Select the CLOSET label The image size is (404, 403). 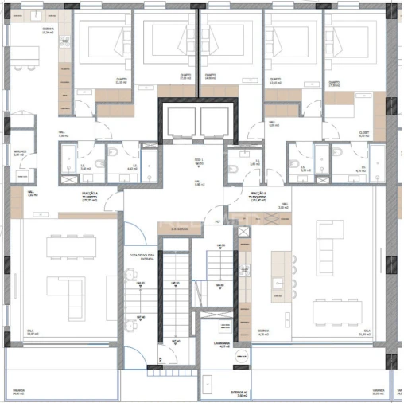click(364, 135)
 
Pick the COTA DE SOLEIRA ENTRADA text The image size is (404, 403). click(142, 256)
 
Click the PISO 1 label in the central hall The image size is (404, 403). click(200, 162)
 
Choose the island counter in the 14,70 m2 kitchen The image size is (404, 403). click(278, 276)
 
